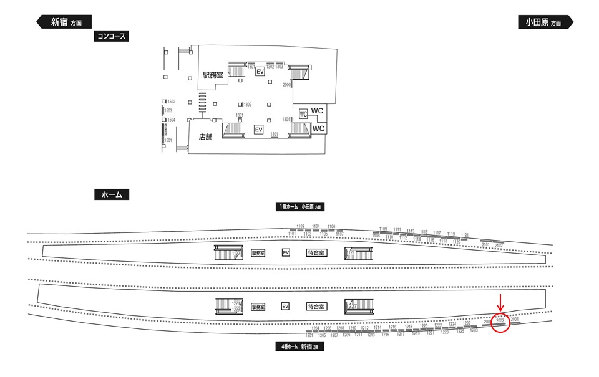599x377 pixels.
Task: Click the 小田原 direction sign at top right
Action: click(x=544, y=22)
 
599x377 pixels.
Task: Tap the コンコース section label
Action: click(x=111, y=36)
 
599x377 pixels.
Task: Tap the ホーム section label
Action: click(x=111, y=194)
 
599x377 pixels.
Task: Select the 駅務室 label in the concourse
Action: click(x=212, y=75)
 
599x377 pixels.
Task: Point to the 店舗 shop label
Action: click(x=206, y=136)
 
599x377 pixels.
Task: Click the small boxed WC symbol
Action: click(x=303, y=114)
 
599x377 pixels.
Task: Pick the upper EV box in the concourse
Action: click(x=260, y=72)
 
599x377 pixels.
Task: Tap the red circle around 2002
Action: click(x=500, y=323)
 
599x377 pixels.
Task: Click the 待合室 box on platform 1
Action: click(x=317, y=253)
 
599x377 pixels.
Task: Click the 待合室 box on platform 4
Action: click(x=317, y=307)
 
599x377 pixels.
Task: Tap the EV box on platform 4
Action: click(x=286, y=307)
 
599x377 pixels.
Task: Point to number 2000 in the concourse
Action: click(x=287, y=84)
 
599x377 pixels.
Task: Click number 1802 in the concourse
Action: click(x=247, y=104)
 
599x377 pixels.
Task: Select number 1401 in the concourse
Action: click(x=274, y=133)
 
